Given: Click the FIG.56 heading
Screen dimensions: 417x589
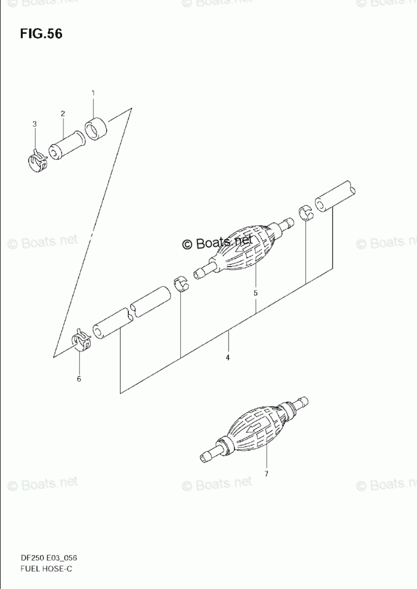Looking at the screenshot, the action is (41, 34).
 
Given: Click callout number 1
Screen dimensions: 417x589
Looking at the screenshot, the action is (93, 92).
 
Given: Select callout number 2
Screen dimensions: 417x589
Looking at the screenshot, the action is (63, 113).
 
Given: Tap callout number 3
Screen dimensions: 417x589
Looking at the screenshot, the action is (35, 123).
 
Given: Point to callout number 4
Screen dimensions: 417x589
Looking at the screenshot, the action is (227, 358).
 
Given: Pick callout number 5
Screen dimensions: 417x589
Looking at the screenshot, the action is (255, 293).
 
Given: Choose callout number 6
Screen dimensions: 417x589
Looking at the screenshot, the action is (79, 379).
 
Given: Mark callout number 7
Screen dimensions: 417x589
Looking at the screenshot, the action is (266, 474).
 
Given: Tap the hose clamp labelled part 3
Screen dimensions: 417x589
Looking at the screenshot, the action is (37, 161).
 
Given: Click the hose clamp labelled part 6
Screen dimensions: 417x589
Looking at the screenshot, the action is (81, 339).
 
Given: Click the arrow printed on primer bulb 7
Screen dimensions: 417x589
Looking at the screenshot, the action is (252, 429).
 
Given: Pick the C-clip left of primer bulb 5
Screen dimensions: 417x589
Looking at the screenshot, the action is (181, 284).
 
